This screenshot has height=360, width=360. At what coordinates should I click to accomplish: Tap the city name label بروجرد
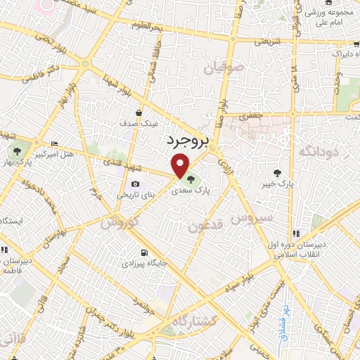pos(188,141)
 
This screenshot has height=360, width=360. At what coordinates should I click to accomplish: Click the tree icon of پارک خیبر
pos(278,173)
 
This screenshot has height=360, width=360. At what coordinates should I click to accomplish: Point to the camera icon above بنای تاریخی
pos(135,185)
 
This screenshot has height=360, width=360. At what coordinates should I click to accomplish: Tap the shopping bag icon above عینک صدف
pos(139,112)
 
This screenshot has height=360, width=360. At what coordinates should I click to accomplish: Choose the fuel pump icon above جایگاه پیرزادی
pos(144,253)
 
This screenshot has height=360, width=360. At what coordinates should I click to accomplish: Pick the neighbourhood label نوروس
pos(118,223)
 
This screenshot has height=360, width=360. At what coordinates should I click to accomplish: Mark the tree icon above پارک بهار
pos(15,150)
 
